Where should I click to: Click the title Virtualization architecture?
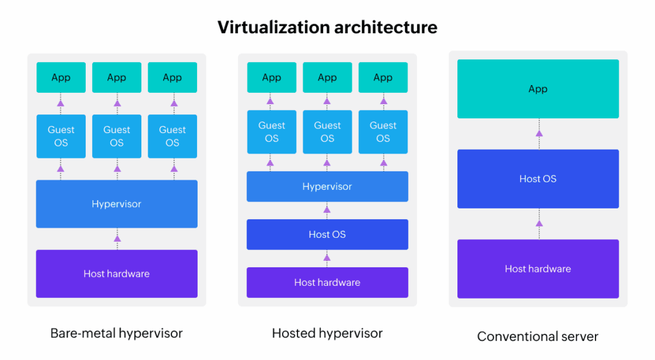327,27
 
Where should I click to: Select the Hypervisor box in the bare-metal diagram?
116,204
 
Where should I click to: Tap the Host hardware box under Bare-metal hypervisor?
116,274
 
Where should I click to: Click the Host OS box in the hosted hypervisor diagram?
327,235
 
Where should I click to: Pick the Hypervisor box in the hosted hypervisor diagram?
327,187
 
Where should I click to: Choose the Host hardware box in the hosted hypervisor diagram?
327,283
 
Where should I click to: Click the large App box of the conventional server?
538,89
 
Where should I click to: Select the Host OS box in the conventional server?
538,179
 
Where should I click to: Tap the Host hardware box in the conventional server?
538,269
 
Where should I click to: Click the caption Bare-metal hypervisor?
116,333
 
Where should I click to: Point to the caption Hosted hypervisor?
327,333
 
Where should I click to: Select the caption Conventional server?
538,336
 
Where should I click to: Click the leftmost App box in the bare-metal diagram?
61,77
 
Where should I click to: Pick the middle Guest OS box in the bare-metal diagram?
116,136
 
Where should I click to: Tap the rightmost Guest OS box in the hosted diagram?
383,132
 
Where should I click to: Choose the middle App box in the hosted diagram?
327,77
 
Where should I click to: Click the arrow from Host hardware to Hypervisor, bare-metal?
117,239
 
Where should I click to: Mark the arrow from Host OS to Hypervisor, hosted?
327,210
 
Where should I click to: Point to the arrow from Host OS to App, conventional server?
539,134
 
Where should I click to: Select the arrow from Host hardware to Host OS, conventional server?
539,223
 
